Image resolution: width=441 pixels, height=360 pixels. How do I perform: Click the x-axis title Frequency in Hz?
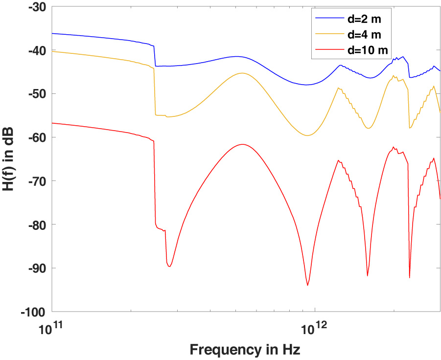pyautogui.click(x=245, y=349)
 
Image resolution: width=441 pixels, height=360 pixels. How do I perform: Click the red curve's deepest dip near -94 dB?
pyautogui.click(x=307, y=285)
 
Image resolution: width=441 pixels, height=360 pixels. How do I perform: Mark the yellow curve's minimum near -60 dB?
pyautogui.click(x=307, y=135)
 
